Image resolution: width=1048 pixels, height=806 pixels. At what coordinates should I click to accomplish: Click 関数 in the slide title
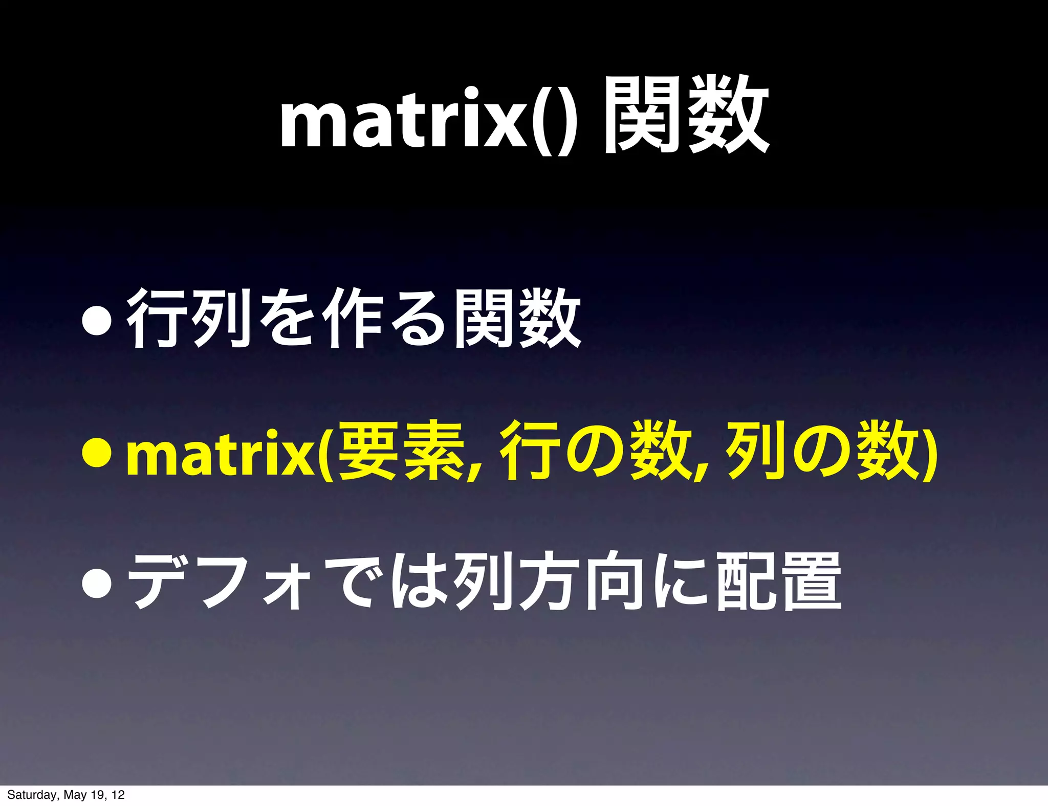coord(686,116)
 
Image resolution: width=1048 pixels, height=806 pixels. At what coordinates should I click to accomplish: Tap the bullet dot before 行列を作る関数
coord(97,321)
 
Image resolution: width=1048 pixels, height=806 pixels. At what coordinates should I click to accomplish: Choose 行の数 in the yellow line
coord(594,450)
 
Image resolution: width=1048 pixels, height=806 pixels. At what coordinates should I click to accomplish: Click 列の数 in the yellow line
coord(819,450)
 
